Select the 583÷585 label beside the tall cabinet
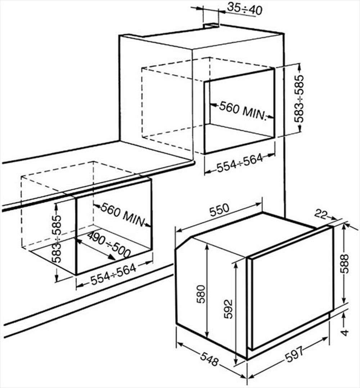coord(299,99)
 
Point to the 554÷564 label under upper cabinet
coord(240,164)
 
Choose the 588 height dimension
coord(345,264)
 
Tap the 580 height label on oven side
coord(201,294)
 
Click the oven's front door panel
coord(292,288)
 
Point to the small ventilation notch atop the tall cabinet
coord(211,26)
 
